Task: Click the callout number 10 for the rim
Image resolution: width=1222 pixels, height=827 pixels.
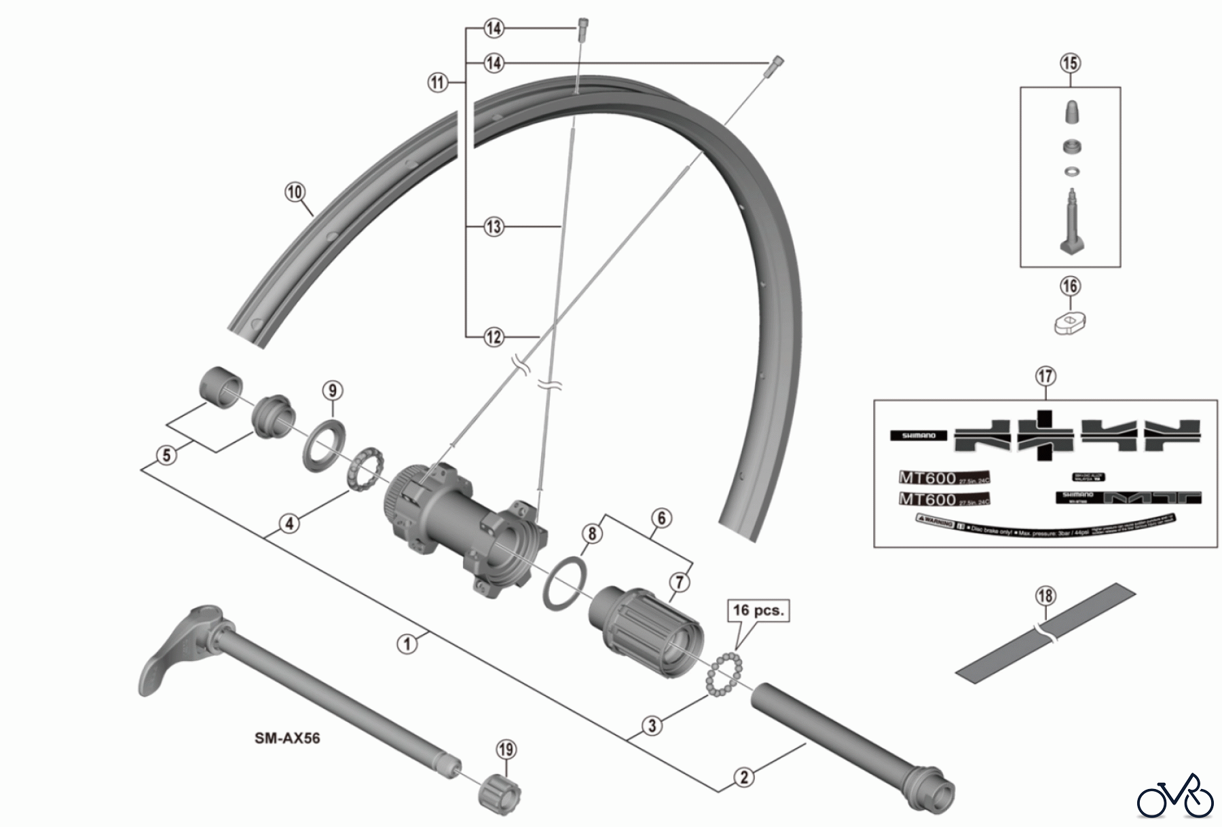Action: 295,192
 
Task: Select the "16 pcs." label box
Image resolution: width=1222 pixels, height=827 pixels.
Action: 758,610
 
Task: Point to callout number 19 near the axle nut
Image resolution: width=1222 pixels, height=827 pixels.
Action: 506,750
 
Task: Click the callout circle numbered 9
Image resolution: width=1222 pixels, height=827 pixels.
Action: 332,391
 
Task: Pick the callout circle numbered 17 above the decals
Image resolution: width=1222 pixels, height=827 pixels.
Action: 1046,375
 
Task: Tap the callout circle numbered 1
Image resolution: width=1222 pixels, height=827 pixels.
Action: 407,643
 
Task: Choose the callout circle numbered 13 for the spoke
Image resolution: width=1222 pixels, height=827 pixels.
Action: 494,227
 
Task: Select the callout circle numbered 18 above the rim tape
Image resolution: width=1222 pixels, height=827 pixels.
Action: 1045,596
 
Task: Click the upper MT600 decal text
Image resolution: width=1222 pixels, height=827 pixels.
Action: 928,478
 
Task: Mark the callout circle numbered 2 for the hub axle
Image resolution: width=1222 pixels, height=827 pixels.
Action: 744,777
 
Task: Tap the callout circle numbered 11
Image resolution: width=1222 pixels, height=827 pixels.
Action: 438,83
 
